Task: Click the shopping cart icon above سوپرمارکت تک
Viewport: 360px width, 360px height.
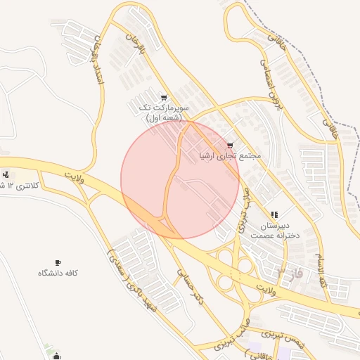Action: (x=164, y=98)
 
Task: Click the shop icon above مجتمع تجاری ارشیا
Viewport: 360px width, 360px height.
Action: (x=230, y=145)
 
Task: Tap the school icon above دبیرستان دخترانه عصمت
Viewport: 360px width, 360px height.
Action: (x=274, y=214)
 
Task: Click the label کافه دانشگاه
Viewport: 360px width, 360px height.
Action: (x=58, y=272)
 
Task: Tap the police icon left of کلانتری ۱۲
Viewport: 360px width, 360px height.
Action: (x=6, y=174)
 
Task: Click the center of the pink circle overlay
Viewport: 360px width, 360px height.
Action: (x=180, y=180)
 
